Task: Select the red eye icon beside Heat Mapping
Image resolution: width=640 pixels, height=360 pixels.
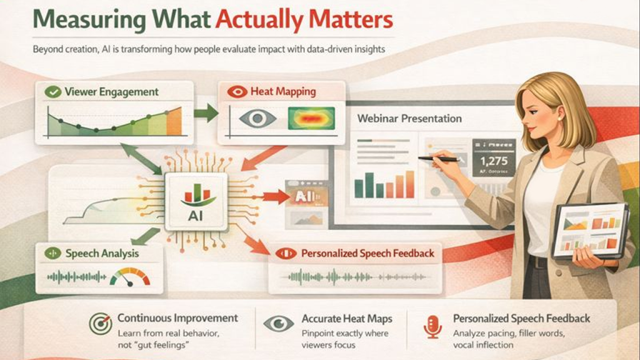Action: coord(237,92)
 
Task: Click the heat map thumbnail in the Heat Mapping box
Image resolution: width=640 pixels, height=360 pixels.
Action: coord(311,118)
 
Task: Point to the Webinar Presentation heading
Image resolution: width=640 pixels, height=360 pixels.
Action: coord(409,118)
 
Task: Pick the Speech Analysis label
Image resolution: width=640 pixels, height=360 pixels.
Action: coord(101,254)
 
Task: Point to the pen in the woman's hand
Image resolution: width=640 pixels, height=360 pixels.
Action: coord(441,159)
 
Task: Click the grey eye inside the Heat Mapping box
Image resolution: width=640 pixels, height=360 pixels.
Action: coord(257,118)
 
